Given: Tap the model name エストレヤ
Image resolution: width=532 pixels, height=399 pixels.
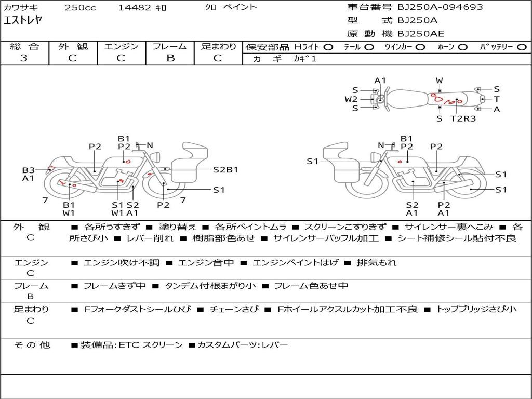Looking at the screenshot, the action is (23, 21).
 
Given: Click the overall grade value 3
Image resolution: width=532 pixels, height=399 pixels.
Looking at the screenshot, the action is (24, 58).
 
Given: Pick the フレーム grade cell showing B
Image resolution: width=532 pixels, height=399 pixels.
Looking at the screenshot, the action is (170, 58).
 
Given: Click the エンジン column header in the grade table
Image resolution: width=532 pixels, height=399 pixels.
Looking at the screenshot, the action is (122, 47).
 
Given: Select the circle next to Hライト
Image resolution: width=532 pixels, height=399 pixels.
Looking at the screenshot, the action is (328, 47).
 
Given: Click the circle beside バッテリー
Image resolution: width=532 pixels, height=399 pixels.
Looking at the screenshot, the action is (522, 47).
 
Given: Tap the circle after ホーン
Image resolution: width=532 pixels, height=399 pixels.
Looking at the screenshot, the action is (462, 47).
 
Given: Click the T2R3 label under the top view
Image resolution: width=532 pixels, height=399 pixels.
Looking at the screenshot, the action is (462, 118).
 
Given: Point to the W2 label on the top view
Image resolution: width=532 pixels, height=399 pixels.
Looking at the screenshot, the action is (351, 99).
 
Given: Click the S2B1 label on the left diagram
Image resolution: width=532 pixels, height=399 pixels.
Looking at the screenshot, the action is (225, 169).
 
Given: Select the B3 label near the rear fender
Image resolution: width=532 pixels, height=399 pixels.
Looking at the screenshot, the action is (28, 170).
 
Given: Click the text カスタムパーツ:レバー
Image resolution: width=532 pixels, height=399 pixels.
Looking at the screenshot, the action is (242, 345).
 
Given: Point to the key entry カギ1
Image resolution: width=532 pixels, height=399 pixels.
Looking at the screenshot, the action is (305, 59).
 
